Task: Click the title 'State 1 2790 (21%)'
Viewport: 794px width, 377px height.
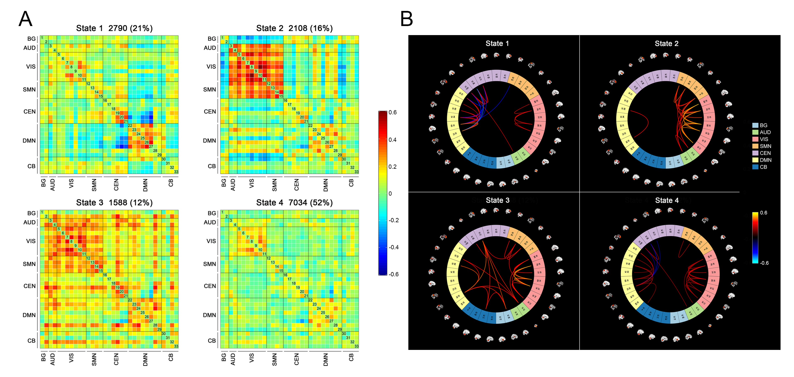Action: tap(114, 28)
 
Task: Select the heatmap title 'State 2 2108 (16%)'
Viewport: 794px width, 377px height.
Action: tap(294, 28)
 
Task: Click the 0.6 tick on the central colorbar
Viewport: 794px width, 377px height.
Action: tap(392, 113)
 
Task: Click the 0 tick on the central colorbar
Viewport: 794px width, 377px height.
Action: tap(390, 194)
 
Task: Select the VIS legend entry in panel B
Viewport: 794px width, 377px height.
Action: tap(764, 139)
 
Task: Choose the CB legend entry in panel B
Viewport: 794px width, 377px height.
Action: tap(763, 167)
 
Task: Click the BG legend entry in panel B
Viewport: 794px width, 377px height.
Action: tap(763, 125)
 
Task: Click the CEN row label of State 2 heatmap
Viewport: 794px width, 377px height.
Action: tap(210, 112)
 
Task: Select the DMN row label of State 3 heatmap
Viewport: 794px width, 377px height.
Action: tap(29, 315)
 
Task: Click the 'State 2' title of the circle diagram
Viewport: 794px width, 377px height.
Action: tap(666, 43)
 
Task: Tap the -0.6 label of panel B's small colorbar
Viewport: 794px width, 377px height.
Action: tap(764, 263)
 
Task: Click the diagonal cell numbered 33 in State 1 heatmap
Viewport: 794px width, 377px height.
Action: tap(176, 172)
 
